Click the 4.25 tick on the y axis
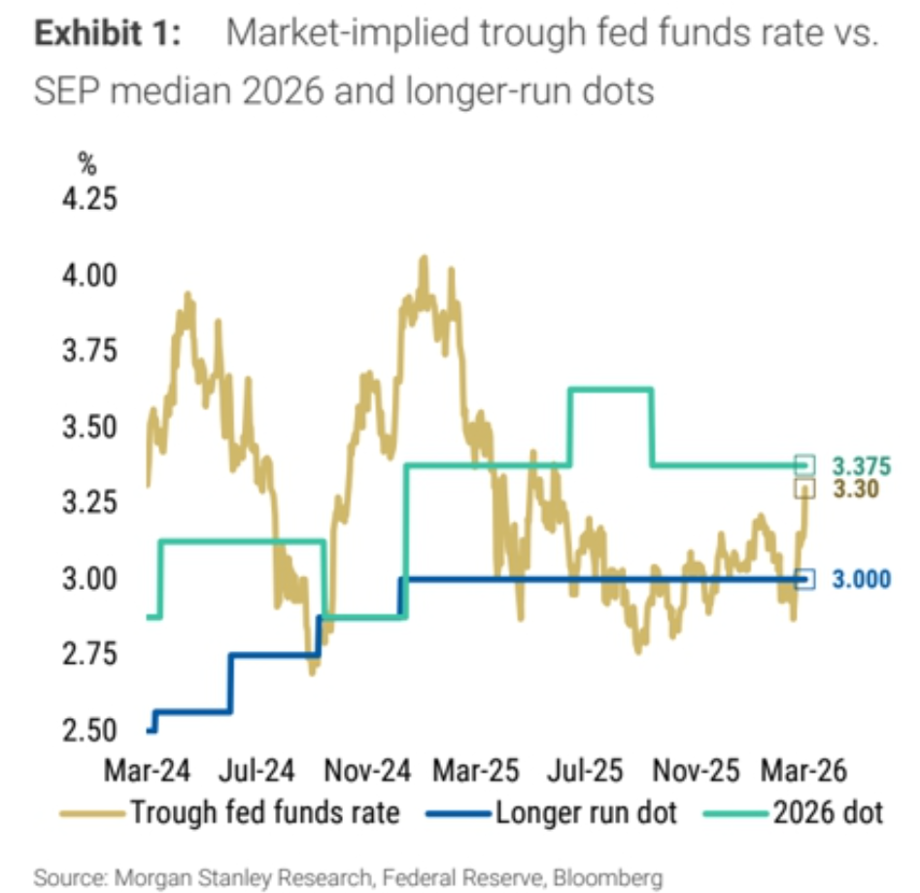(x=89, y=199)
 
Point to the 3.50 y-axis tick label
(x=89, y=427)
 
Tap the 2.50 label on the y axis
(x=89, y=731)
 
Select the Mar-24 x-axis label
(x=147, y=771)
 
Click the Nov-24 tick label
(x=367, y=771)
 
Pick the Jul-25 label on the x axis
(x=585, y=771)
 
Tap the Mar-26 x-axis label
(x=803, y=771)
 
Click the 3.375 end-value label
(x=862, y=466)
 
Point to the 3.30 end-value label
(x=856, y=489)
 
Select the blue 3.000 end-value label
(x=862, y=579)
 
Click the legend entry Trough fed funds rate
(x=230, y=813)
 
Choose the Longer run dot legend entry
(x=552, y=813)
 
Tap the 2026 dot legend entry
(x=794, y=813)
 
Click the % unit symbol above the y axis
(x=87, y=163)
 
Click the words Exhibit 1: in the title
(x=108, y=33)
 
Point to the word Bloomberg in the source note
(x=608, y=878)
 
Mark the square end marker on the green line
(x=804, y=465)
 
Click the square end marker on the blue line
(x=804, y=579)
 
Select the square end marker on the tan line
(x=804, y=489)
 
